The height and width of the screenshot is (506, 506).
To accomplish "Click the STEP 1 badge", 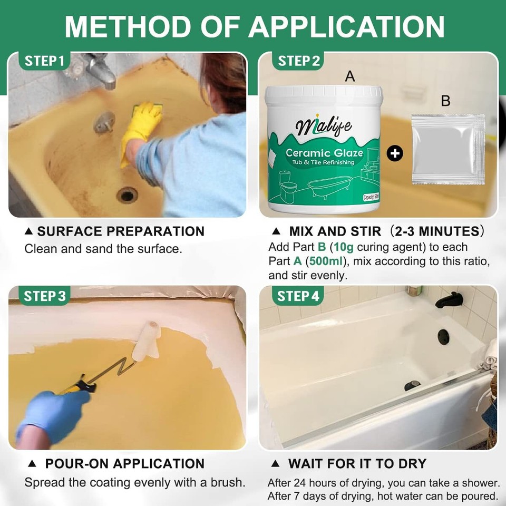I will pos(44,61).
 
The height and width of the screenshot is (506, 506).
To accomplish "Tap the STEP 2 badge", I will pos(298,61).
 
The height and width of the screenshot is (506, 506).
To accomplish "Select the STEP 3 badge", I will pos(44,296).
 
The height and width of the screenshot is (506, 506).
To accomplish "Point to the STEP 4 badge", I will pos(298,296).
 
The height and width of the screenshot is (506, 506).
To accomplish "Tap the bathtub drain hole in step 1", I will pos(127,195).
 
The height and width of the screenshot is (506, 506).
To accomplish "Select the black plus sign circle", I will pos(395,153).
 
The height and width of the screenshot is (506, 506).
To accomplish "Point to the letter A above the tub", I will pos(350,76).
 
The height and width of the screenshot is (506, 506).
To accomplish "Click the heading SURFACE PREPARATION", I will pos(121,231).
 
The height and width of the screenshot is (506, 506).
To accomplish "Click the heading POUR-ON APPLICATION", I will pos(124,464).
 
